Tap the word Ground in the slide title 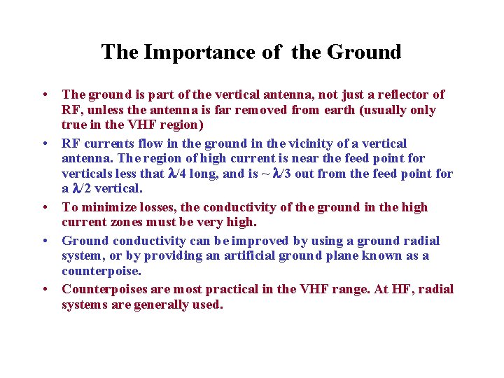point(365,52)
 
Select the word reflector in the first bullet point(400,94)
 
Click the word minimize point(105,207)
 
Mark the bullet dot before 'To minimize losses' point(44,208)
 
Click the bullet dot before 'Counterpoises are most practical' point(44,290)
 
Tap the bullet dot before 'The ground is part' point(44,95)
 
